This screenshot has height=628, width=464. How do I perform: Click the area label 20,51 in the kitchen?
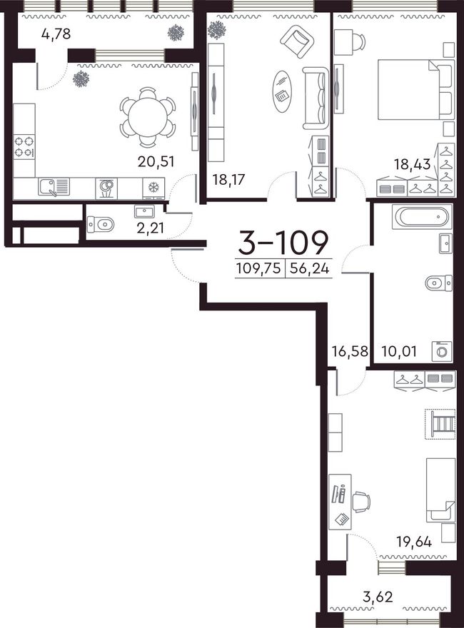click(156, 162)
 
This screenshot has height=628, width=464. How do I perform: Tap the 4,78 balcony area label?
click(56, 34)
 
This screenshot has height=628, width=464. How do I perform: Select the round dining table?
click(148, 117)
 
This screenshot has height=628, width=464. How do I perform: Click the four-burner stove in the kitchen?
click(24, 147)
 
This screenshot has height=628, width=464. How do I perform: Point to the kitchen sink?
click(54, 187)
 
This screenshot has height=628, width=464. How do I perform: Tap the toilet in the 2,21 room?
click(101, 224)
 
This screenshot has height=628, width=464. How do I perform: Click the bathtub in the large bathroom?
click(423, 217)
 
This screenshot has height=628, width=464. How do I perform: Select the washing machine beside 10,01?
click(442, 351)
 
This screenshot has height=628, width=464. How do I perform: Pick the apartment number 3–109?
click(283, 243)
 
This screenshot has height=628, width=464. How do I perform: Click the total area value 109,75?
click(258, 268)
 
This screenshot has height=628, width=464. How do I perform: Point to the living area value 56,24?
click(310, 268)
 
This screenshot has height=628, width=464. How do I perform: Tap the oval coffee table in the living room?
click(283, 93)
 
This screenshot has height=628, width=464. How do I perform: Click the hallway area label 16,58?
click(350, 351)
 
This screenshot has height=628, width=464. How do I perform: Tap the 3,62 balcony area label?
click(378, 597)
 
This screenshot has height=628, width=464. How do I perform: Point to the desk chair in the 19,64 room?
click(361, 502)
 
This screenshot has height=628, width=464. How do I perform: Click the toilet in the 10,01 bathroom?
click(439, 283)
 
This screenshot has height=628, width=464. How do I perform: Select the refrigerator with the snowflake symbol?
click(153, 188)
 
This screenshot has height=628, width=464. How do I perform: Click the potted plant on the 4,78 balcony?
click(176, 33)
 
